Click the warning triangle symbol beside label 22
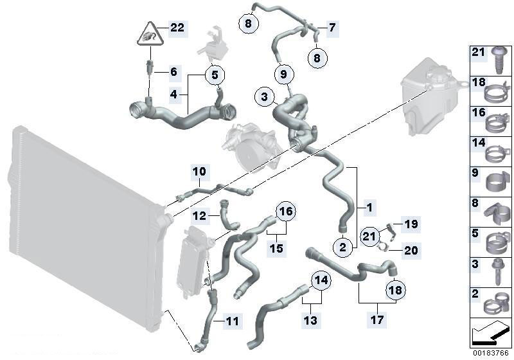[150, 35]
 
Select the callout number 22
[178, 28]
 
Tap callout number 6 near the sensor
[173, 72]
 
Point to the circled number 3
[264, 96]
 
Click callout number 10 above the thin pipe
[200, 172]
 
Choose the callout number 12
[200, 216]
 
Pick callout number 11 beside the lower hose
[232, 321]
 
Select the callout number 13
[310, 319]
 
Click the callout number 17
[377, 319]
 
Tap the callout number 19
[411, 224]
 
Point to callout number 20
[411, 251]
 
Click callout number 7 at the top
[332, 28]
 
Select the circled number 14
[321, 280]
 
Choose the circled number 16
[286, 212]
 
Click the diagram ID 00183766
[490, 354]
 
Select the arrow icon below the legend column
[490, 332]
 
